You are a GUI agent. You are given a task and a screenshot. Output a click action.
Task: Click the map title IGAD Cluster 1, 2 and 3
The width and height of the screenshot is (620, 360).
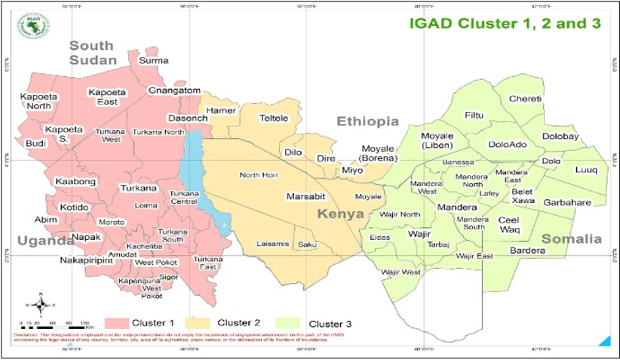(x=505, y=23)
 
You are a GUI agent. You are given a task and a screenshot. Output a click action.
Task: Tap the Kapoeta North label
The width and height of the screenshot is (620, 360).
(x=35, y=101)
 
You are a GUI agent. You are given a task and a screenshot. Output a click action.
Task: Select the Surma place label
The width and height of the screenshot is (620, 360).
(x=153, y=60)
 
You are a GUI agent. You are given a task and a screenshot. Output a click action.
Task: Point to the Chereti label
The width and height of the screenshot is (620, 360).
(x=525, y=99)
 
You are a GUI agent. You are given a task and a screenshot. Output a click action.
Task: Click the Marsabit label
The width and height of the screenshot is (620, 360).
(x=305, y=196)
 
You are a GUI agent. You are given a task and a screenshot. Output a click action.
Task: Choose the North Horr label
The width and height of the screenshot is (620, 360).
(x=260, y=175)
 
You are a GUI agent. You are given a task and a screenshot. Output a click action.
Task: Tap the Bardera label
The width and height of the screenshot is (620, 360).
(x=527, y=250)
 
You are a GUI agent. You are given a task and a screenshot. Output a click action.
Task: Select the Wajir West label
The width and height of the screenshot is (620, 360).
(x=401, y=272)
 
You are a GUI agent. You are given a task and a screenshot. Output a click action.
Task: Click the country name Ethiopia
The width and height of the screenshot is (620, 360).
(x=367, y=122)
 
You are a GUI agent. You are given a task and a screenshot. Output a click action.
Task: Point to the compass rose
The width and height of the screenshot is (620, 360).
(x=43, y=305)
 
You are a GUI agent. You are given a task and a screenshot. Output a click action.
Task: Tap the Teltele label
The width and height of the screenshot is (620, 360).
(x=274, y=118)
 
